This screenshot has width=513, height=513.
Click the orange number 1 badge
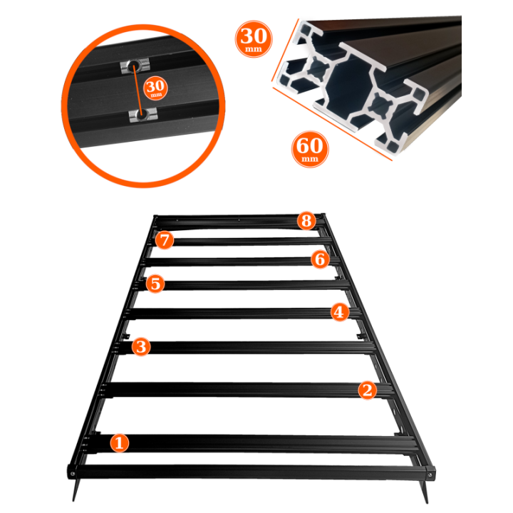119,443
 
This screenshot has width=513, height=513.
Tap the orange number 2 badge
367,390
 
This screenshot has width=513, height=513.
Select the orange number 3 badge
141,346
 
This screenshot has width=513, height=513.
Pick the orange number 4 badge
339,312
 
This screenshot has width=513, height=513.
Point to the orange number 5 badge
155,284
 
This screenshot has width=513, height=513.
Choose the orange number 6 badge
320,259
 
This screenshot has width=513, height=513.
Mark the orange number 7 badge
165,240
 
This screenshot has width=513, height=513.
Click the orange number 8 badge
306,220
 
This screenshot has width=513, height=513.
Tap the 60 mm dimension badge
309,149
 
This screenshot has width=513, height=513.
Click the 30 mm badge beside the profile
254,39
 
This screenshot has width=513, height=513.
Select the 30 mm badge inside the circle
155,88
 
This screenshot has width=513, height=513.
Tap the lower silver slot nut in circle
143,115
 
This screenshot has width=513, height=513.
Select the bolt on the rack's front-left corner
72,473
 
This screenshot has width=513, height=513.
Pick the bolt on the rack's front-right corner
430,475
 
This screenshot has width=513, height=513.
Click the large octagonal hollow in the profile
348,85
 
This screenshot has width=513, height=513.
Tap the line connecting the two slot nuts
138,90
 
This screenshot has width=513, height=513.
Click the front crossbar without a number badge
251,472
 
